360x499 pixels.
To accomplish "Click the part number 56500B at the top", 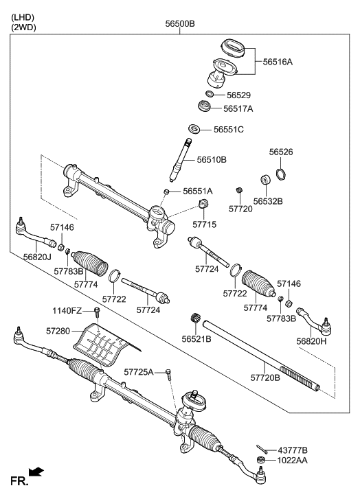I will (x=180, y=23).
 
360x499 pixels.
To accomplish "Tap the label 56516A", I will (x=278, y=62).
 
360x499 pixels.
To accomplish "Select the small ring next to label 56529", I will (x=210, y=93).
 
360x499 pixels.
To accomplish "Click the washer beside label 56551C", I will (x=194, y=129).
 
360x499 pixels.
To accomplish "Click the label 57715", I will (x=204, y=224).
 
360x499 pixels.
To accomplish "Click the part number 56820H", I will (x=312, y=340).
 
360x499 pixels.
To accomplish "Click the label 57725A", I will (x=139, y=371).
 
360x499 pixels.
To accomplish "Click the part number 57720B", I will (x=266, y=377).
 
